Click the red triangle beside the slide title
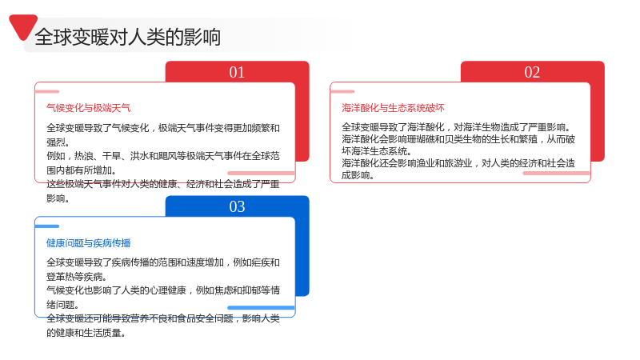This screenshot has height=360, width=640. tap(23, 26)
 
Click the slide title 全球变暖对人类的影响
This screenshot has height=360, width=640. tap(128, 37)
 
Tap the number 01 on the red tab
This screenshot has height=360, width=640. tap(237, 72)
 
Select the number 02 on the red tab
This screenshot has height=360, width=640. tap(532, 72)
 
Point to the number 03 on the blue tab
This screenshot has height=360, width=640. tap(237, 206)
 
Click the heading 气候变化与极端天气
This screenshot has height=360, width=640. tap(89, 108)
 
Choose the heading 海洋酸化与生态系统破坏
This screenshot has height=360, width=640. tap(393, 108)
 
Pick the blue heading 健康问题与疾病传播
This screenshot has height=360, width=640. tap(89, 243)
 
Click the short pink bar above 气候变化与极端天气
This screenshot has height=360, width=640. tap(47, 91)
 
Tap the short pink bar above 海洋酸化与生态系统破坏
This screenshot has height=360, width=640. tap(342, 91)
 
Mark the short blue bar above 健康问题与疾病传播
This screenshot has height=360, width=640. tap(47, 226)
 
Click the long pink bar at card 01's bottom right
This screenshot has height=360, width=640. tap(262, 173)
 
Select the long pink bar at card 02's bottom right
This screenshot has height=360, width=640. tap(557, 173)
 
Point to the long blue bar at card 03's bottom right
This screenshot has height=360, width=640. tap(262, 308)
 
